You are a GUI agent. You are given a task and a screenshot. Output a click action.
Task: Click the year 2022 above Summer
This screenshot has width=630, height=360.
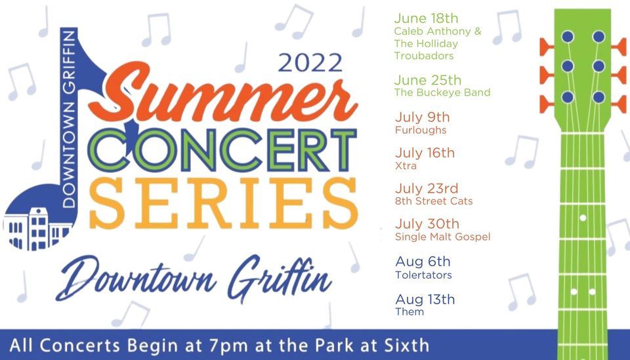[x=310, y=63]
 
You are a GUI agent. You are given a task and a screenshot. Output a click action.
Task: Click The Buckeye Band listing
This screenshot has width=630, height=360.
[x=442, y=92]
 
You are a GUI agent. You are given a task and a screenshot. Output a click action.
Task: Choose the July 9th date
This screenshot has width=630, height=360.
[x=423, y=117]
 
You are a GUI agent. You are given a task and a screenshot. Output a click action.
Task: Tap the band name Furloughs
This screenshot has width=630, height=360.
[x=421, y=130]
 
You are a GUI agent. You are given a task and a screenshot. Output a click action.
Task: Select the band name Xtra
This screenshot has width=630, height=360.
[x=406, y=166]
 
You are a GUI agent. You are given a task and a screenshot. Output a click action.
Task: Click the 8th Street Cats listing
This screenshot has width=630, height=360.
[x=434, y=201]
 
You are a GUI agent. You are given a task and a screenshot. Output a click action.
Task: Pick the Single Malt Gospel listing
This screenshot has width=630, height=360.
[x=442, y=237]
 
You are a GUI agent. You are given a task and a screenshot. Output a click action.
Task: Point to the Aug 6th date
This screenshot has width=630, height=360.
[x=423, y=262]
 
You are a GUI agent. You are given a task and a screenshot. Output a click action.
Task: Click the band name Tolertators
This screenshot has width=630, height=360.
[x=423, y=275]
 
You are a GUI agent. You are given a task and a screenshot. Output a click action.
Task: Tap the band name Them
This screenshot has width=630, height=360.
[x=409, y=311]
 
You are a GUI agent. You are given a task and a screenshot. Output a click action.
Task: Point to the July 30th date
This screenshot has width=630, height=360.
[x=427, y=224]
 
